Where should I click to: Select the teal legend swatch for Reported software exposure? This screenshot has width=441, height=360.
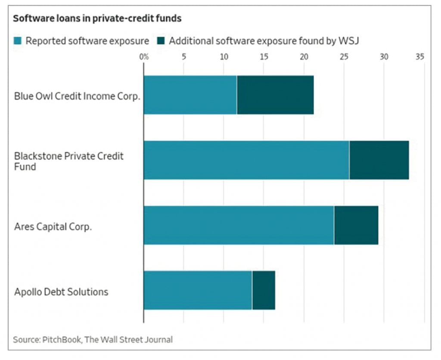(x=18, y=41)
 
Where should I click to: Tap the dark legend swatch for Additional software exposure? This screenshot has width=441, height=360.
(x=161, y=41)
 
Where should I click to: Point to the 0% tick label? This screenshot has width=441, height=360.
(x=143, y=56)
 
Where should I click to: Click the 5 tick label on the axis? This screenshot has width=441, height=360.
(x=183, y=56)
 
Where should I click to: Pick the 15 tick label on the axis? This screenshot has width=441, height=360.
(x=264, y=56)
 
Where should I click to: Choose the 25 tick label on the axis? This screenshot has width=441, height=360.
(x=344, y=56)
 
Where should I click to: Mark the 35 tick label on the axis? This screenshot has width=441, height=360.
(x=420, y=56)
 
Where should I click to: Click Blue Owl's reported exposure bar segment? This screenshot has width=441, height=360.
(x=190, y=95)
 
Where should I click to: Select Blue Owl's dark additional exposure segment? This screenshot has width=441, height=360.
(x=275, y=95)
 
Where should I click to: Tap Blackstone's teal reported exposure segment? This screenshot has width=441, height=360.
(x=246, y=160)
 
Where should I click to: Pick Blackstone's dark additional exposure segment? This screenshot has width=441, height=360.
(x=379, y=160)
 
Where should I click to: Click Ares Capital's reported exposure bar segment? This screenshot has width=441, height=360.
(x=239, y=225)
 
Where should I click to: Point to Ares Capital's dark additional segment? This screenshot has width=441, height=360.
(x=356, y=225)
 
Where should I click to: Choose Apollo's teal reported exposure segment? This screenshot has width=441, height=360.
(x=198, y=290)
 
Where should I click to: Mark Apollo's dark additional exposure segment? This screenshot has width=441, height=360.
(x=264, y=290)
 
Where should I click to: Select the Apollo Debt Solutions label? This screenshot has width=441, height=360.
(x=61, y=292)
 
